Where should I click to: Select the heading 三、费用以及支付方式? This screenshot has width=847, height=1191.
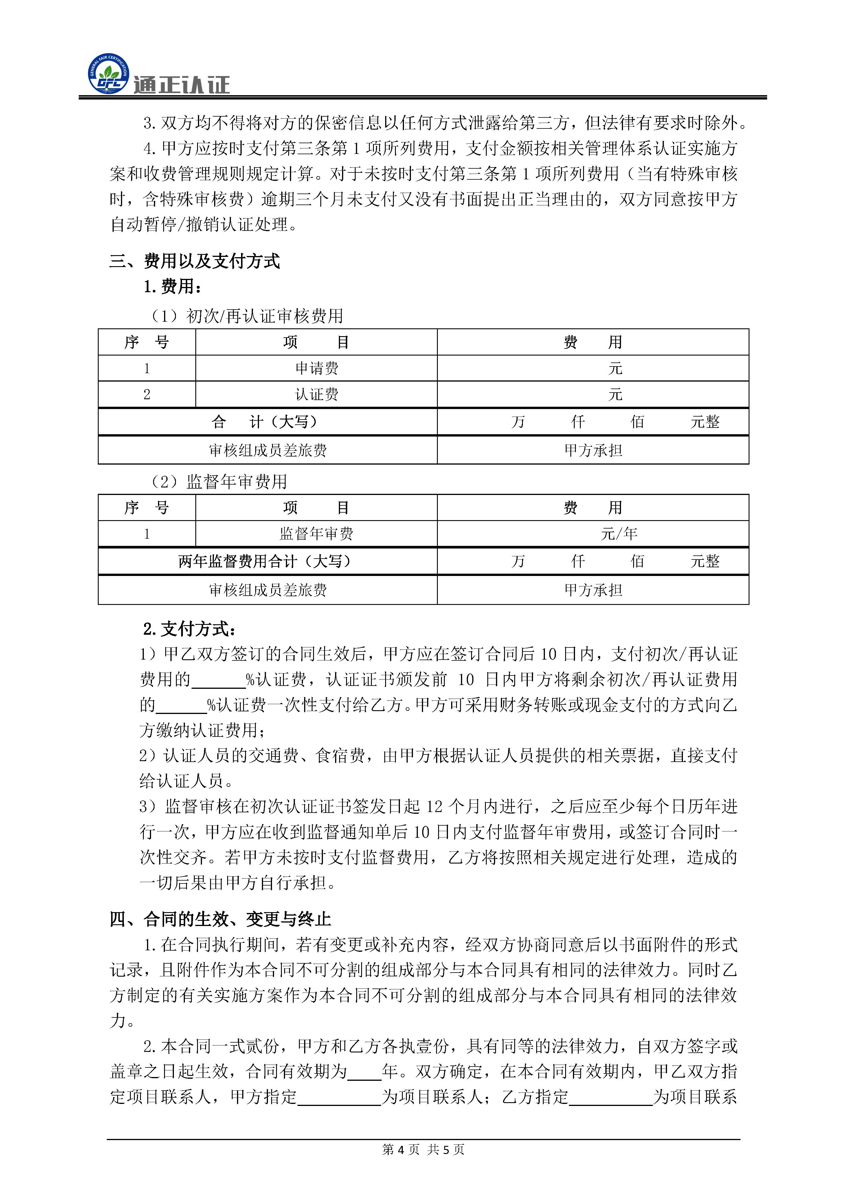[194, 261]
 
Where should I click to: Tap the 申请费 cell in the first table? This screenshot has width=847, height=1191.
[317, 368]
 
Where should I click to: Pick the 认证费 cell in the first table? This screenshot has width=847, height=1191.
[317, 394]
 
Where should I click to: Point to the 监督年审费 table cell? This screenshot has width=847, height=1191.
[317, 533]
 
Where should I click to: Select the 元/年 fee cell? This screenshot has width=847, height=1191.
[619, 533]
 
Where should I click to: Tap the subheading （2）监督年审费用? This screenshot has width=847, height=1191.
[218, 481]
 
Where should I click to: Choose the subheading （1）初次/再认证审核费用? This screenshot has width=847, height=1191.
[246, 316]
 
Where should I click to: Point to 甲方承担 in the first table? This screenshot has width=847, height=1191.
[593, 450]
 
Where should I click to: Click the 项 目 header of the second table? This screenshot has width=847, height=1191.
[317, 507]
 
